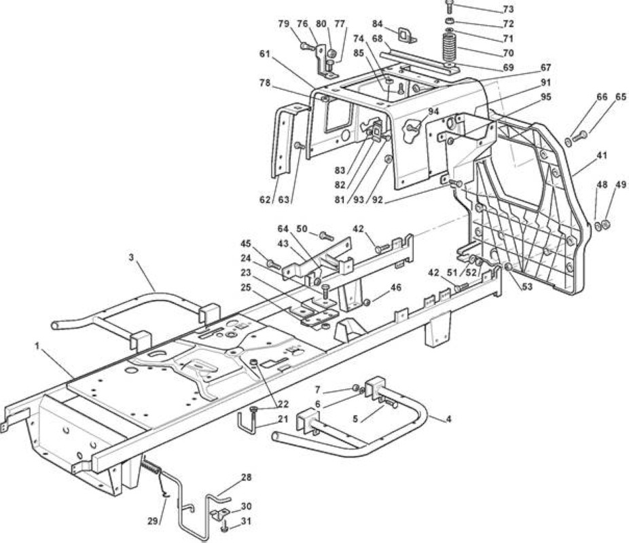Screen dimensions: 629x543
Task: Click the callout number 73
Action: coord(508,9)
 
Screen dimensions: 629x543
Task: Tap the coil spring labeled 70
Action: coord(450,48)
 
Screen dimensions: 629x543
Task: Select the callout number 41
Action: coord(601,155)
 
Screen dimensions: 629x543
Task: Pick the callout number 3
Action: coord(131,257)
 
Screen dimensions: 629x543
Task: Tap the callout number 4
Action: coord(448,419)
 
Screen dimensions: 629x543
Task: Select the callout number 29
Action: coord(153,521)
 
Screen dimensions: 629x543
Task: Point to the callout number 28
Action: coord(247,477)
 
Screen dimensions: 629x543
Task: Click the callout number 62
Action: coord(265,199)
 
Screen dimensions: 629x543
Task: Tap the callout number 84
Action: coord(378,24)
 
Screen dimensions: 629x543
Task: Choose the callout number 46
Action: coord(395,287)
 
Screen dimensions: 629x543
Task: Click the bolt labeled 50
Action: coord(327,236)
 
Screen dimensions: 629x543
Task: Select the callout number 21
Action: coord(283,419)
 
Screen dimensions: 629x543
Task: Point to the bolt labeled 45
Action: coord(274,264)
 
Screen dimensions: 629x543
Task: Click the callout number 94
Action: coord(433,111)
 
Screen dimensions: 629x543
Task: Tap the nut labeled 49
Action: coord(606,225)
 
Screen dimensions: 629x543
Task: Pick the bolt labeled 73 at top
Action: coord(449,7)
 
